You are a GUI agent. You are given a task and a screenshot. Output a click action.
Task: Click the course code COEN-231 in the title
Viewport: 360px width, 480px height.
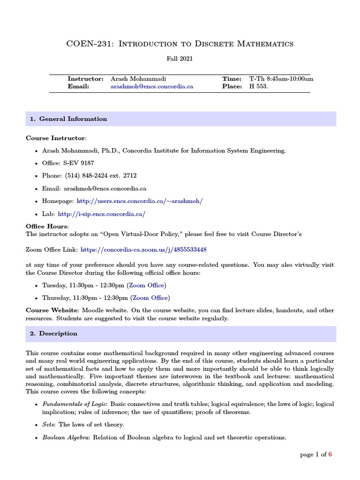pos(88,44)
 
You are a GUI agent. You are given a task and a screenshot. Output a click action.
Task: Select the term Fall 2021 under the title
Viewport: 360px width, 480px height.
pos(180,59)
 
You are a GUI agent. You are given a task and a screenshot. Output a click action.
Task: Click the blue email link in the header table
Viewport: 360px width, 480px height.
pos(152,86)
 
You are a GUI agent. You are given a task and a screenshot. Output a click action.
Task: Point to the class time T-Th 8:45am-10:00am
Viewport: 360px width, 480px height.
pos(281,79)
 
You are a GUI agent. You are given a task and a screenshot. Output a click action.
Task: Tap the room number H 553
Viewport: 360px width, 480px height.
pos(259,86)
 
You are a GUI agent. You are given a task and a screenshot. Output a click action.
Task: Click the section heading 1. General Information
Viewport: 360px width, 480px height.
pos(68,119)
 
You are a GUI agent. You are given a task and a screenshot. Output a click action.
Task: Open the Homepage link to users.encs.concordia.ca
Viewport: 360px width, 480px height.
pos(140,201)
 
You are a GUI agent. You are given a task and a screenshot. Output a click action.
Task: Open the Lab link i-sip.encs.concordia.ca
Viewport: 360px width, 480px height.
pos(101,213)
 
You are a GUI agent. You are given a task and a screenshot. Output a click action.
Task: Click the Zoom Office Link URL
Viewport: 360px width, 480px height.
pos(143,250)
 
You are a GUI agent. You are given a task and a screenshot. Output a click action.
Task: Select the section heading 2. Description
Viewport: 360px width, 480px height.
pos(54,334)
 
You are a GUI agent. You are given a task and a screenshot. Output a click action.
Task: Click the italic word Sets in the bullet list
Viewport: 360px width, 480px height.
pos(48,425)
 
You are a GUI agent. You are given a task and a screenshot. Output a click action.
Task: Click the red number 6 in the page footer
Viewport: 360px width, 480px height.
pos(330,454)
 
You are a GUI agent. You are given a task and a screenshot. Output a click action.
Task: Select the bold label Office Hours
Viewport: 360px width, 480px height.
pos(46,226)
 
